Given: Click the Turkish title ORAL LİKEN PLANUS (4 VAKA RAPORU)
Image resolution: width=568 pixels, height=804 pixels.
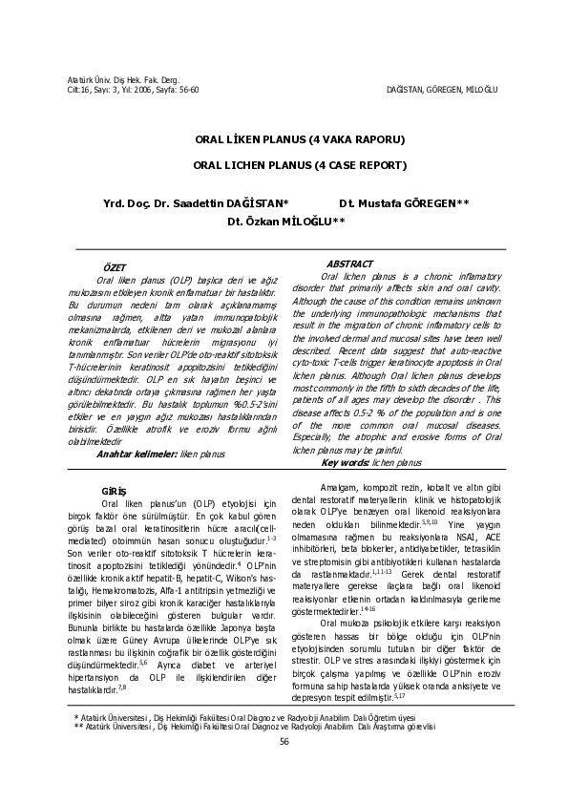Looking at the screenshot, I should pos(300,139).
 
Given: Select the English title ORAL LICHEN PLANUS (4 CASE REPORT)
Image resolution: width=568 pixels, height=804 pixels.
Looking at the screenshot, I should pos(300,164).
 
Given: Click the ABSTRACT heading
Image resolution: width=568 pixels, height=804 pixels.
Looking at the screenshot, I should pos(349,264).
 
